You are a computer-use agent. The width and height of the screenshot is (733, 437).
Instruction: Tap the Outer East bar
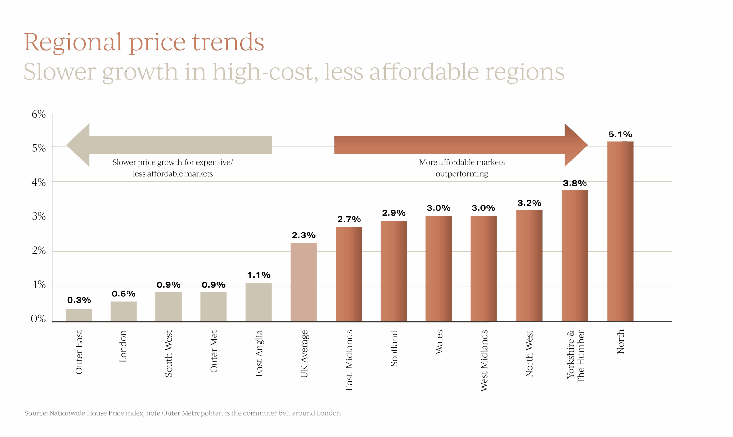[x=79, y=315]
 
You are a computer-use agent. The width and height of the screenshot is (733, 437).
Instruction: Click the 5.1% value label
[x=620, y=134]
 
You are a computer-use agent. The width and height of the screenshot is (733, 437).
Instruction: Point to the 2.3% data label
[x=304, y=235]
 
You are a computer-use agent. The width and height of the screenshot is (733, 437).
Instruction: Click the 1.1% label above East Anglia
[x=259, y=275]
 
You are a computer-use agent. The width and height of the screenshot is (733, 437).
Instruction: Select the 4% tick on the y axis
[x=39, y=182]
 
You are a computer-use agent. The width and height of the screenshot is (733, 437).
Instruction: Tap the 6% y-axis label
[x=39, y=114]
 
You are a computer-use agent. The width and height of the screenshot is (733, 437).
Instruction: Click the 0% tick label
[x=38, y=319]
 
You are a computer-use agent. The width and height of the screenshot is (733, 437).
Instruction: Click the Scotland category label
[x=394, y=348]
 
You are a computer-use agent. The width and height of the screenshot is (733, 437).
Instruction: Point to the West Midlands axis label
[x=484, y=360]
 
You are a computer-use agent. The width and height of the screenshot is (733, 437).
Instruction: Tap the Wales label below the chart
[x=439, y=342]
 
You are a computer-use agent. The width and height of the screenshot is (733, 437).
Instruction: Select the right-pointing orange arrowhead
[x=575, y=145]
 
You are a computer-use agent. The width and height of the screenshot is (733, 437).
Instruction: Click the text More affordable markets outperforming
[x=462, y=168]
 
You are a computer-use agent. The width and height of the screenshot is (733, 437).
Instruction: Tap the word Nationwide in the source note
[x=67, y=413]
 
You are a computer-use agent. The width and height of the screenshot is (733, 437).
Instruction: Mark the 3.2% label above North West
[x=529, y=203]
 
